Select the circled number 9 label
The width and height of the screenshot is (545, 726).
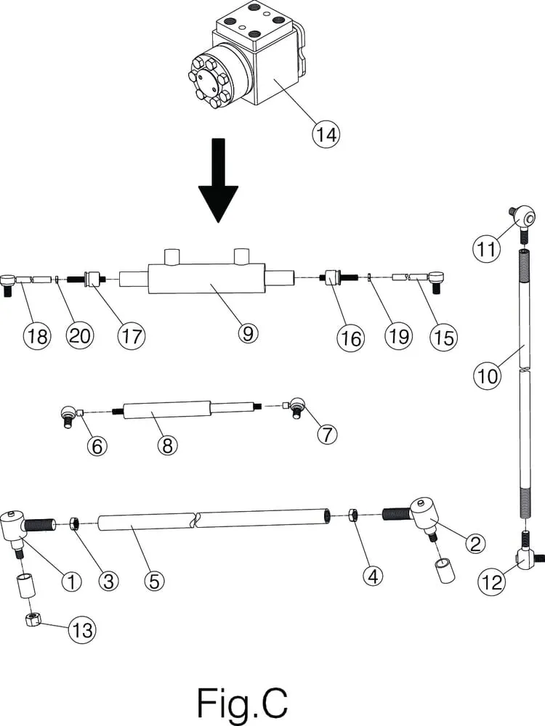click(247, 333)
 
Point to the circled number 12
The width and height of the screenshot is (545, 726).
click(492, 581)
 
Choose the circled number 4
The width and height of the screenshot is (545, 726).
click(374, 576)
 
